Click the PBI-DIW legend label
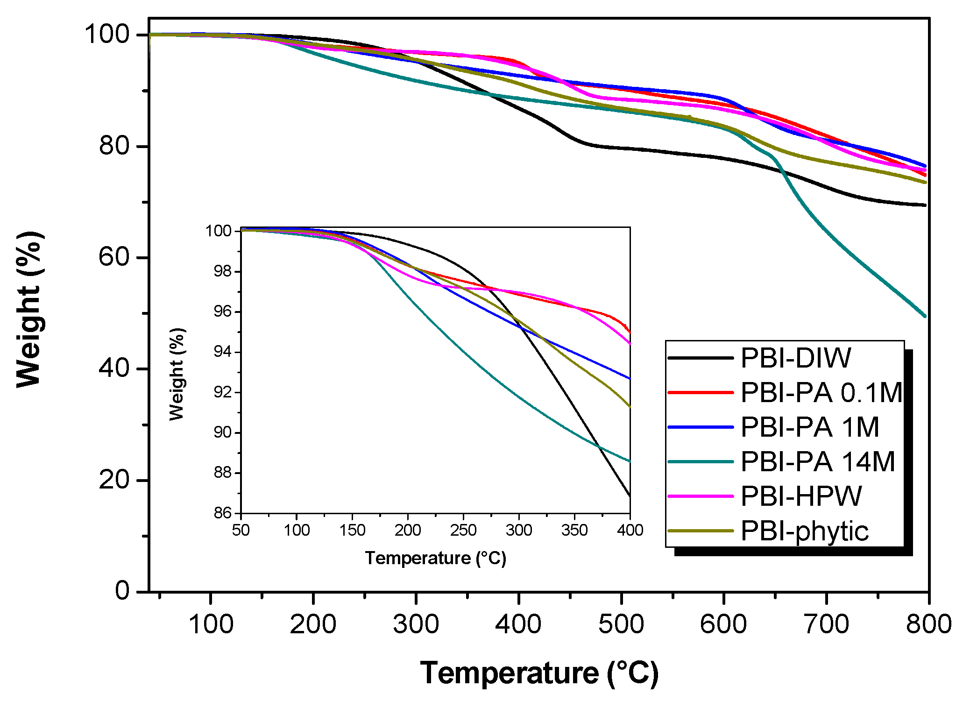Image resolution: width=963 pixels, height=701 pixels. (796, 358)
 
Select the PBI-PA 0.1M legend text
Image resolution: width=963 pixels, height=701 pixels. (821, 393)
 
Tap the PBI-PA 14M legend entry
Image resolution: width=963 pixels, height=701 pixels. (818, 462)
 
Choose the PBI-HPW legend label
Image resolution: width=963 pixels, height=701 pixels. (801, 496)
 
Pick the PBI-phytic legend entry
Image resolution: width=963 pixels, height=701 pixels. (804, 531)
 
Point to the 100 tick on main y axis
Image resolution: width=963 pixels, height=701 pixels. (106, 35)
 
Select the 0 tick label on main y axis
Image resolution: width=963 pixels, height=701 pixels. (122, 591)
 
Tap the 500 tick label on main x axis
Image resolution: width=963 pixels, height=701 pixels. (621, 624)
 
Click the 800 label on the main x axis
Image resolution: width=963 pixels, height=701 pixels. (928, 624)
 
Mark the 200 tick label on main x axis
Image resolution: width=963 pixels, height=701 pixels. (313, 624)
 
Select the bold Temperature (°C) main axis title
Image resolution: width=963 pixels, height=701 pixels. (539, 673)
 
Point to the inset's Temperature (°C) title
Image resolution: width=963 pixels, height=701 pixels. (435, 558)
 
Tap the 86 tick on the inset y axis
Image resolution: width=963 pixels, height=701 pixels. (223, 513)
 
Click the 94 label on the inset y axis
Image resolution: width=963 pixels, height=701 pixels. (223, 352)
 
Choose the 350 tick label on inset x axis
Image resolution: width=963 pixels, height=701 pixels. (574, 531)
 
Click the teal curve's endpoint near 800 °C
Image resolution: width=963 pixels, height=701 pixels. (925, 316)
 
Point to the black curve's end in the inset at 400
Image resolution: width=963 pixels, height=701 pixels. (630, 495)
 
